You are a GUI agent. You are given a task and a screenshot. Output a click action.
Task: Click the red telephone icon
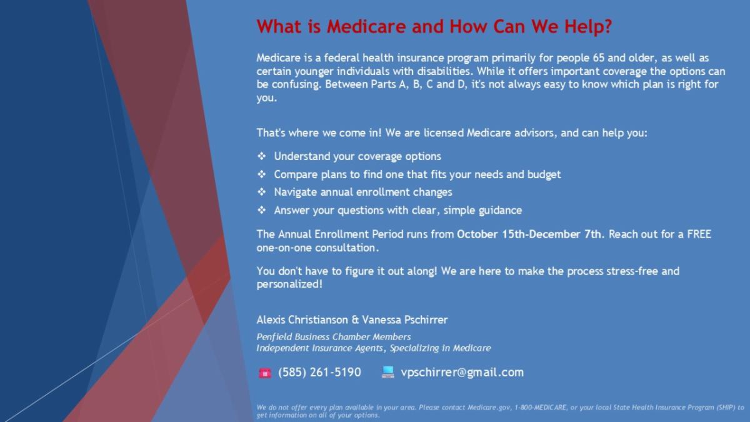[265, 373]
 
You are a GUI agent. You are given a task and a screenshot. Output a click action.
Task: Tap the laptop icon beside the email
[387, 372]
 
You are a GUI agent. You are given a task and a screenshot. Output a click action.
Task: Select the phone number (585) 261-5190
[319, 373]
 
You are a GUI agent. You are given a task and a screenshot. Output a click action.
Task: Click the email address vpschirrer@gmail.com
[462, 373]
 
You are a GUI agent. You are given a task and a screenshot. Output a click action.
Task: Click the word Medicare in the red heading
[366, 26]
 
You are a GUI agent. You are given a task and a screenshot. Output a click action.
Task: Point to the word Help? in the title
[588, 27]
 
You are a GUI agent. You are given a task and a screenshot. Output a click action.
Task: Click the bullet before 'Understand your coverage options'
[261, 156]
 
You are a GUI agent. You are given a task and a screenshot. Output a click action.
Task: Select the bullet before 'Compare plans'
[261, 174]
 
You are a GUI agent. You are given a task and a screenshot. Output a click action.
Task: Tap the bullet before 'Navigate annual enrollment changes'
[261, 192]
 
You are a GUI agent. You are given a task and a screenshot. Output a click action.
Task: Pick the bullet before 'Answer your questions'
[261, 210]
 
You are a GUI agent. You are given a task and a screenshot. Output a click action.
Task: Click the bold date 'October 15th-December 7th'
[529, 234]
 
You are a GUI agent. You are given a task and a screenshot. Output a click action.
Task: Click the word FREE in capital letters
[699, 234]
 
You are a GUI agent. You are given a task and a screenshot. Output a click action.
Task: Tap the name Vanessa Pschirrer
[405, 320]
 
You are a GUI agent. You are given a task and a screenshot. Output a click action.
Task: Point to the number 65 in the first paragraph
[599, 58]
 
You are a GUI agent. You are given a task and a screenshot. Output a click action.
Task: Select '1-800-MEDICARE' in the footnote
[541, 408]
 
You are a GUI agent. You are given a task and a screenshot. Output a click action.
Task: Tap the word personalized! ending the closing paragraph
[289, 284]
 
